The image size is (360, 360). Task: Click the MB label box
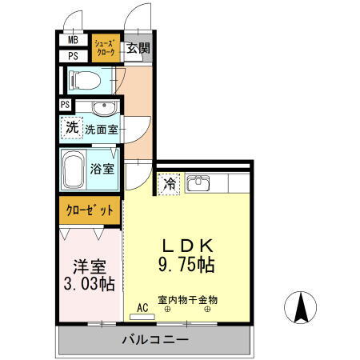pos(73,40)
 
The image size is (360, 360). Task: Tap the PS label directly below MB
pos(73,56)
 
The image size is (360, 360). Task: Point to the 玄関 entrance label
pos(138,48)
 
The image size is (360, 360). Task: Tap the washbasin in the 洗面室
pos(103,109)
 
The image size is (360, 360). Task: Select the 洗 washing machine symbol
pos(72,127)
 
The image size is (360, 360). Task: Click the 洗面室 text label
pos(102,128)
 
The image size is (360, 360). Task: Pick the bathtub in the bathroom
pos(78,169)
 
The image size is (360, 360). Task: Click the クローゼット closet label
pos(89,210)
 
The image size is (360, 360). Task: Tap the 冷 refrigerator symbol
pos(169,185)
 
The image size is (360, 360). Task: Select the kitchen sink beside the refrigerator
pos(198,184)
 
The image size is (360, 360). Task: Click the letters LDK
pos(190,246)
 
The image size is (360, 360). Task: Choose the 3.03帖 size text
pos(89,284)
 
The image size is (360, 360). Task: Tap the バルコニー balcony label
pos(155,340)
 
